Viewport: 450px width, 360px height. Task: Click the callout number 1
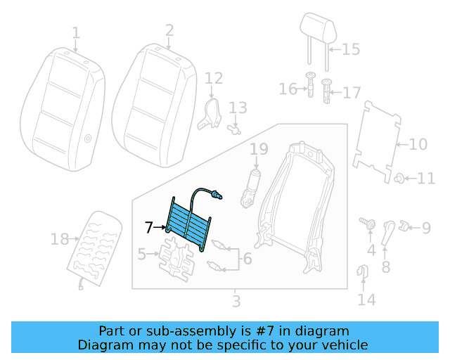pyautogui.click(x=75, y=32)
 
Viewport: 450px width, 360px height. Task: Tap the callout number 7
pyautogui.click(x=148, y=227)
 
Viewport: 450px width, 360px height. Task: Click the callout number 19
pyautogui.click(x=259, y=149)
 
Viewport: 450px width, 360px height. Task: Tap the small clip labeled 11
pyautogui.click(x=398, y=178)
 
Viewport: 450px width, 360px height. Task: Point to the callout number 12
pyautogui.click(x=214, y=78)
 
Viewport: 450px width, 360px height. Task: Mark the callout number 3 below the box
pyautogui.click(x=236, y=302)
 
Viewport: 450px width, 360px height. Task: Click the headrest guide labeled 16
pyautogui.click(x=309, y=88)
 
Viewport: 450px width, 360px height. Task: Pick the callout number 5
pyautogui.click(x=142, y=253)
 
